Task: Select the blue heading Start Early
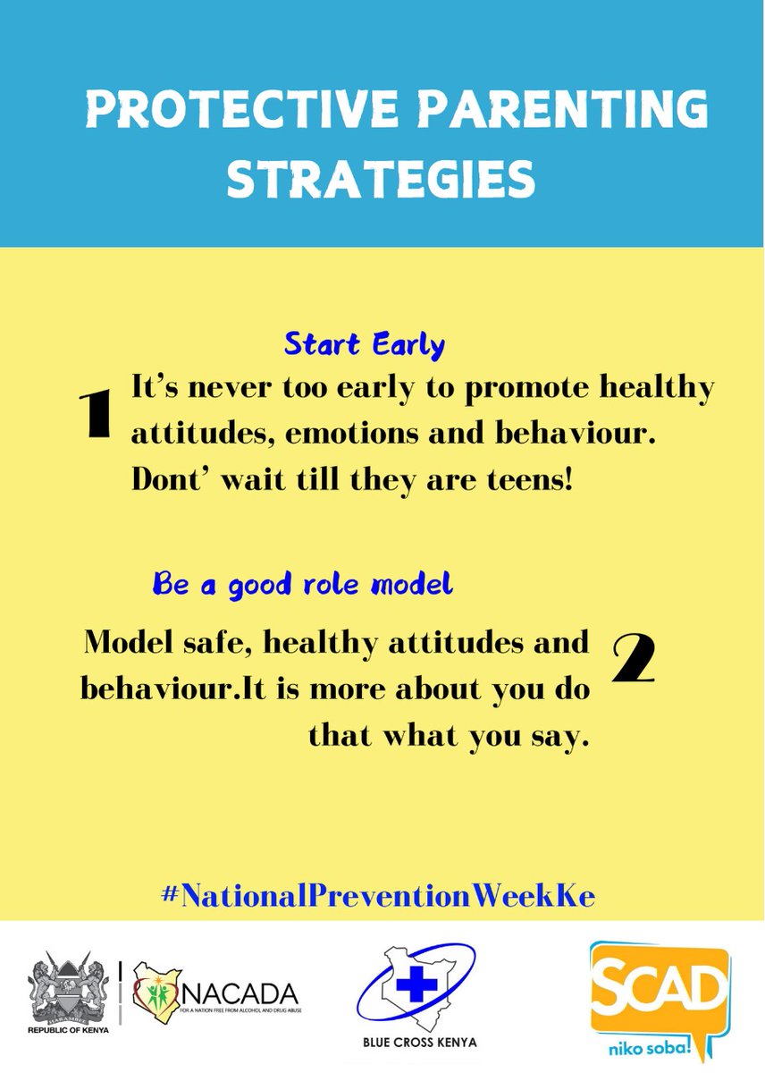(x=365, y=344)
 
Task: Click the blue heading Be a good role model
(x=303, y=585)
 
